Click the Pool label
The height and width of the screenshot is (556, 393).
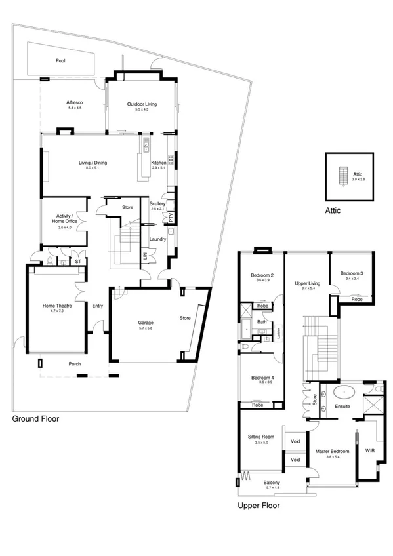[60, 60]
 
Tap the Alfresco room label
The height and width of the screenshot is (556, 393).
[74, 103]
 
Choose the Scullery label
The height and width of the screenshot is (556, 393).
[157, 203]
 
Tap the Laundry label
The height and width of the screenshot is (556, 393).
[158, 239]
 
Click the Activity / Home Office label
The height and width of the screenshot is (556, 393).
[64, 218]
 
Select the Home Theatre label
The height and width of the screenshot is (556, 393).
[55, 305]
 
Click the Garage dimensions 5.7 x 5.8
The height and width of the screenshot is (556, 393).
[145, 328]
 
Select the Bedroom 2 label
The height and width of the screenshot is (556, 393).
[262, 275]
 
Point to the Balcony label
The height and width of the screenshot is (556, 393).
[272, 483]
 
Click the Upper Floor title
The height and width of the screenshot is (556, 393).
[259, 506]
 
